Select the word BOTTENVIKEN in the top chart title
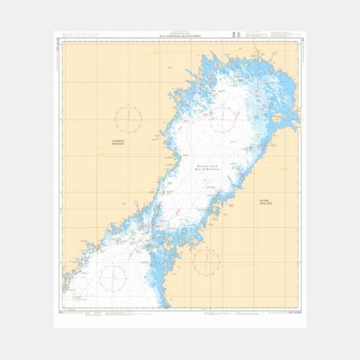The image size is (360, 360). tap(190, 35)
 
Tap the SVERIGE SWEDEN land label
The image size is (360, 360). tap(119, 142)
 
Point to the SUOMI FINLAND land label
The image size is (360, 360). tap(265, 202)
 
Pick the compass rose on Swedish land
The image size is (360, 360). tap(128, 120)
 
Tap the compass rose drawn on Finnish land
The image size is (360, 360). tap(207, 260)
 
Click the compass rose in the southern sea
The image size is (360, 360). tap(112, 278)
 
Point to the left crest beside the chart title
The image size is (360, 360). tap(234, 35)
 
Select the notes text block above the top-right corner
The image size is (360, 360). tap(284, 35)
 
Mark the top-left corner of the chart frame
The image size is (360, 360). tap(62, 39)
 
